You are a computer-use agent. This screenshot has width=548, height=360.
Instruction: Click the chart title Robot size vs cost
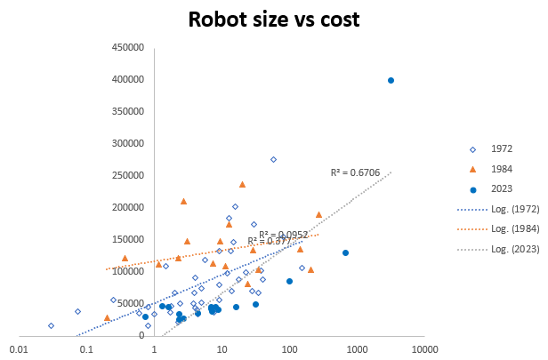pos(274,20)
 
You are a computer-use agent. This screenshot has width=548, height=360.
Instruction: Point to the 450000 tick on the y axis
pos(127,48)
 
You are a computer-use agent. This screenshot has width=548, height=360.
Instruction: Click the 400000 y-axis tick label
pos(127,80)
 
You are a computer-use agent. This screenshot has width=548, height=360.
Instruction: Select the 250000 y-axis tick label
pos(127,175)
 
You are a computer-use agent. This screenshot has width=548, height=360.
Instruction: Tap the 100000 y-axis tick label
pos(127,271)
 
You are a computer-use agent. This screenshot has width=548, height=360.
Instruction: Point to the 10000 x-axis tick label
pos(424,350)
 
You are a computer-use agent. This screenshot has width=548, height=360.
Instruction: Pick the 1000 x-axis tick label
pos(357,350)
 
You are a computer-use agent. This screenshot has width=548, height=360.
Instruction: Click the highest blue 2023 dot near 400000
pos(391,80)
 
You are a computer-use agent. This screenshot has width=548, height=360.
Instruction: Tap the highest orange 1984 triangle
pos(242,184)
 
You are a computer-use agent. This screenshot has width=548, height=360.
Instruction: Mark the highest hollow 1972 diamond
pos(273,159)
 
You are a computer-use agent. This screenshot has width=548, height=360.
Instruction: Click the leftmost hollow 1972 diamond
pos(51,325)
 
